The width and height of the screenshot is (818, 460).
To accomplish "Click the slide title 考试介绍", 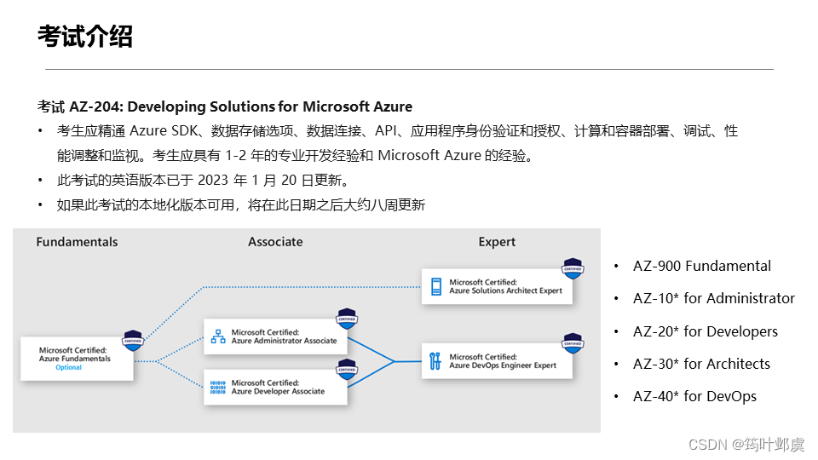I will (85, 37).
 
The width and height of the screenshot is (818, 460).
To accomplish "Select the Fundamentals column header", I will (77, 242).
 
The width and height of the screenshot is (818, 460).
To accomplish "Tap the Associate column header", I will (275, 242).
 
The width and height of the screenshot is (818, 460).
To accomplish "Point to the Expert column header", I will (497, 242).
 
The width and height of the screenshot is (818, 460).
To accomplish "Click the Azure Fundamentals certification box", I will (77, 358).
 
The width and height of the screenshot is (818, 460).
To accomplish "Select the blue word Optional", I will (68, 368).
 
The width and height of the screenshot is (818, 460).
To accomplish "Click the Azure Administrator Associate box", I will (275, 336).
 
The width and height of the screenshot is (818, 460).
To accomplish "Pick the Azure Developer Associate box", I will (275, 388).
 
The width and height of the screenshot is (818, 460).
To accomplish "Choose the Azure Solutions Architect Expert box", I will (498, 286).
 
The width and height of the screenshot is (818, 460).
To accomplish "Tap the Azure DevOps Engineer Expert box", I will (498, 361).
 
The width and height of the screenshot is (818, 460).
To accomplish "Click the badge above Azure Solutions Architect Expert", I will (573, 268).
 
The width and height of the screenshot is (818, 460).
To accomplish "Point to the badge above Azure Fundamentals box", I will (133, 340).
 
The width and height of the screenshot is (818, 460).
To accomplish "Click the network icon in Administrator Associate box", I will (218, 336).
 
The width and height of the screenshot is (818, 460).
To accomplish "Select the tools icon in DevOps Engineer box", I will (435, 361).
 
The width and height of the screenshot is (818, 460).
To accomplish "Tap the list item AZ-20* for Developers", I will (705, 331).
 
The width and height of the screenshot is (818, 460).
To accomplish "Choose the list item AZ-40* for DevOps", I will (694, 396).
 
